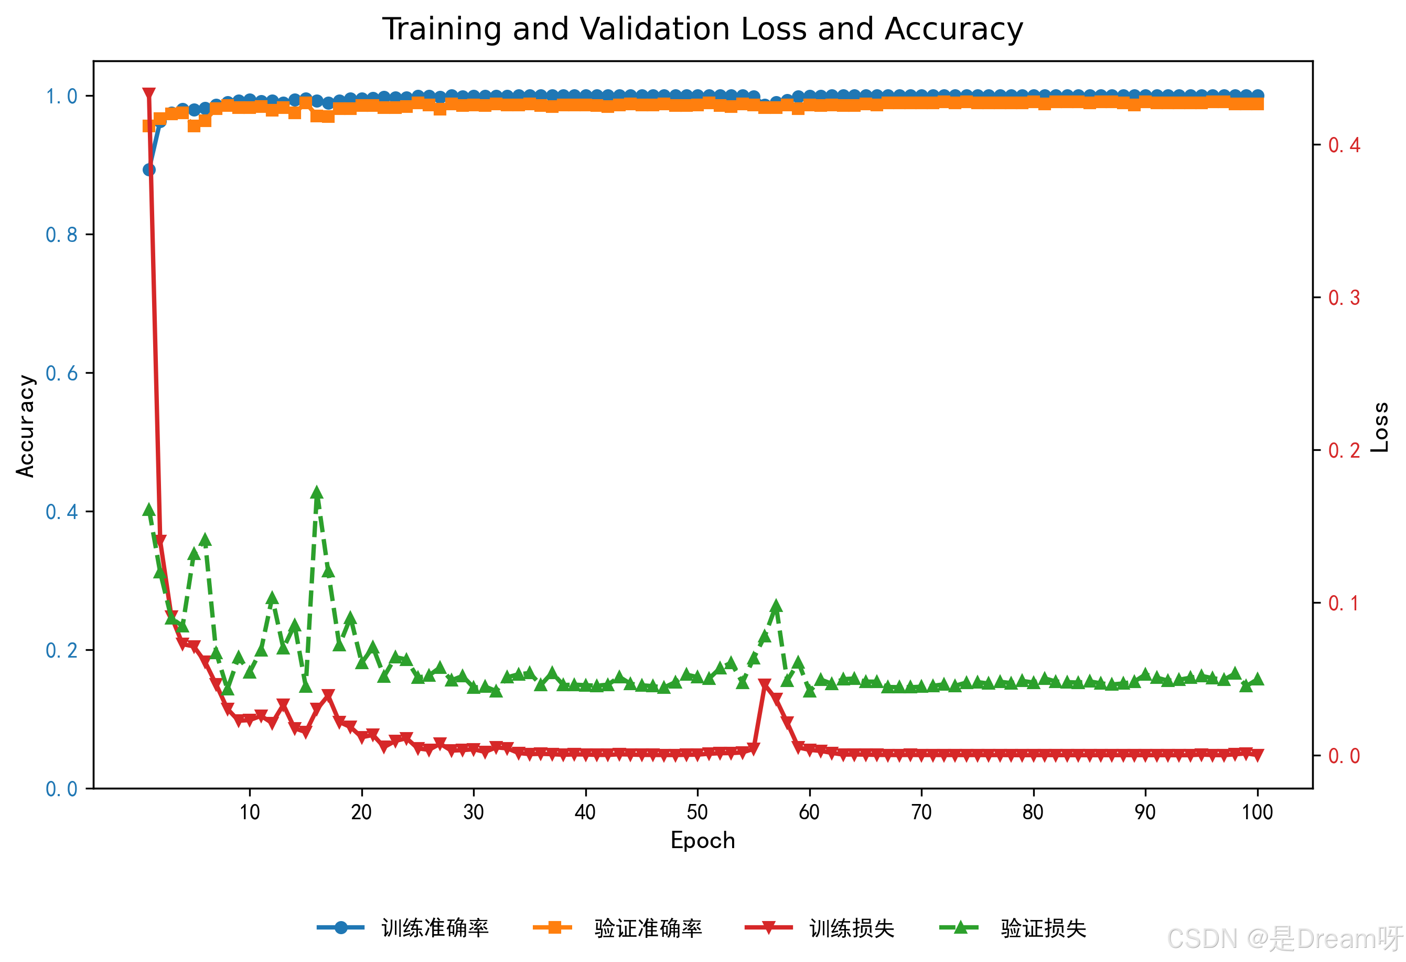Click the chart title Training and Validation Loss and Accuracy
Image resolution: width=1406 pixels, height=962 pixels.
(702, 29)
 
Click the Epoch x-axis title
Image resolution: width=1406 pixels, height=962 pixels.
(703, 841)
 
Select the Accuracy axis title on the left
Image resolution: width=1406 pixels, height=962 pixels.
(25, 426)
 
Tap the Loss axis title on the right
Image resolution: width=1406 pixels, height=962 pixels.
(1380, 427)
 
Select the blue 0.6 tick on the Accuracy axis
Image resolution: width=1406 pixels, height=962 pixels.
(62, 374)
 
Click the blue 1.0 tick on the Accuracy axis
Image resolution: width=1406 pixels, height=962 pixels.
(62, 96)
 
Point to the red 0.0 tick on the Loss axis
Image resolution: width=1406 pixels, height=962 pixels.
(1344, 756)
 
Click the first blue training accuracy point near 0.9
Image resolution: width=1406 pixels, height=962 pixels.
(149, 170)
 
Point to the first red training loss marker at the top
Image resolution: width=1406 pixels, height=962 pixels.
(149, 93)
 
